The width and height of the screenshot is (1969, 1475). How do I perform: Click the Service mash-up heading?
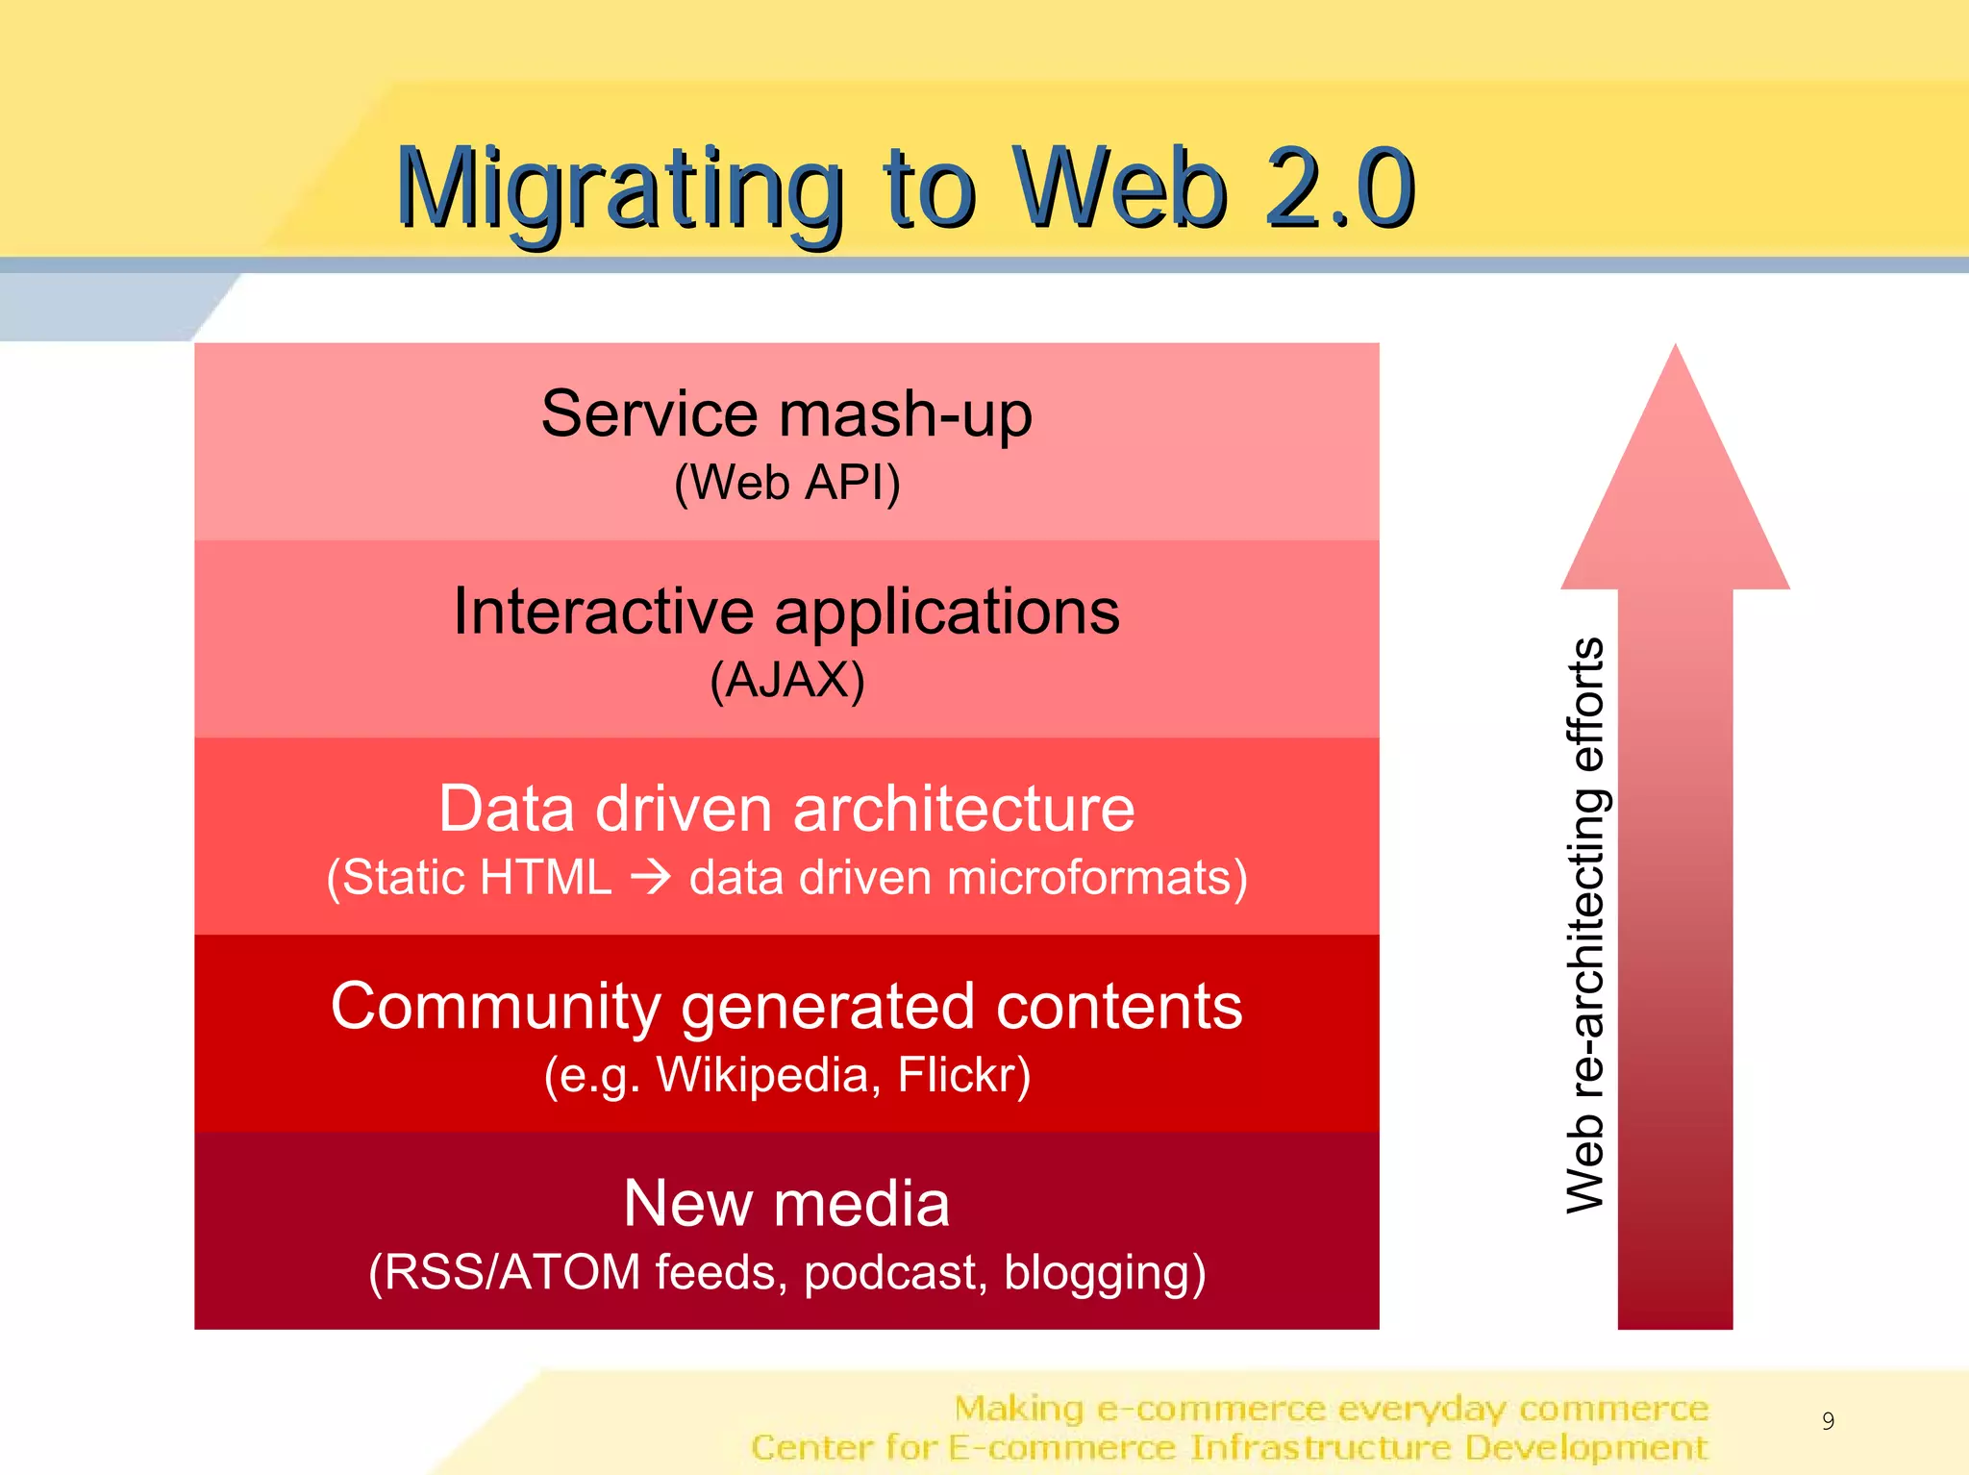(x=786, y=414)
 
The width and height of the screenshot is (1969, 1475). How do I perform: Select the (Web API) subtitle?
(x=786, y=483)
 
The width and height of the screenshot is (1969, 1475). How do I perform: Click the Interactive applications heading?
(x=786, y=612)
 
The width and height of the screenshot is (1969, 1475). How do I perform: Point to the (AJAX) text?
(x=786, y=681)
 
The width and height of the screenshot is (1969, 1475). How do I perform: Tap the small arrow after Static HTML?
(x=651, y=877)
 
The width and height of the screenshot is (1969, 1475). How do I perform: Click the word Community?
(x=495, y=1007)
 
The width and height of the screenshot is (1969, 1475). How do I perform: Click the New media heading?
(x=786, y=1204)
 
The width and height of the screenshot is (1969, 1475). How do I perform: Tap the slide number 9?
(x=1828, y=1420)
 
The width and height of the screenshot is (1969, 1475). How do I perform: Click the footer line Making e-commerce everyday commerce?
(x=1331, y=1409)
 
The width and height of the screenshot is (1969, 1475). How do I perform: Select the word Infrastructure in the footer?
(x=1320, y=1447)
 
